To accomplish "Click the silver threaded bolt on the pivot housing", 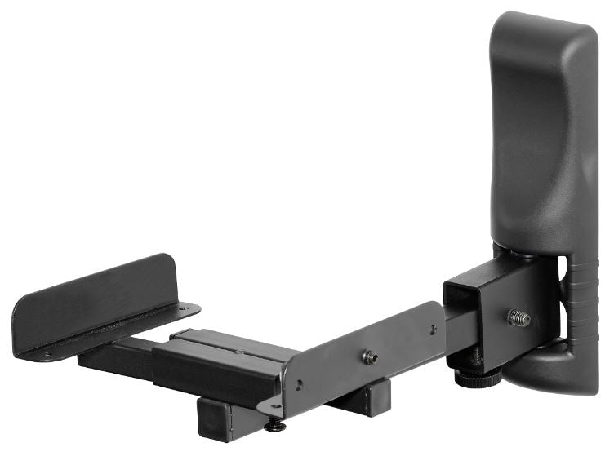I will point(518,317).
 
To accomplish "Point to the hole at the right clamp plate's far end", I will point(433,330).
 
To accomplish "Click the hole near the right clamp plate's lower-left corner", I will point(299,385).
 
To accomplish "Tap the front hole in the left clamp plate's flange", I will point(46,356).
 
